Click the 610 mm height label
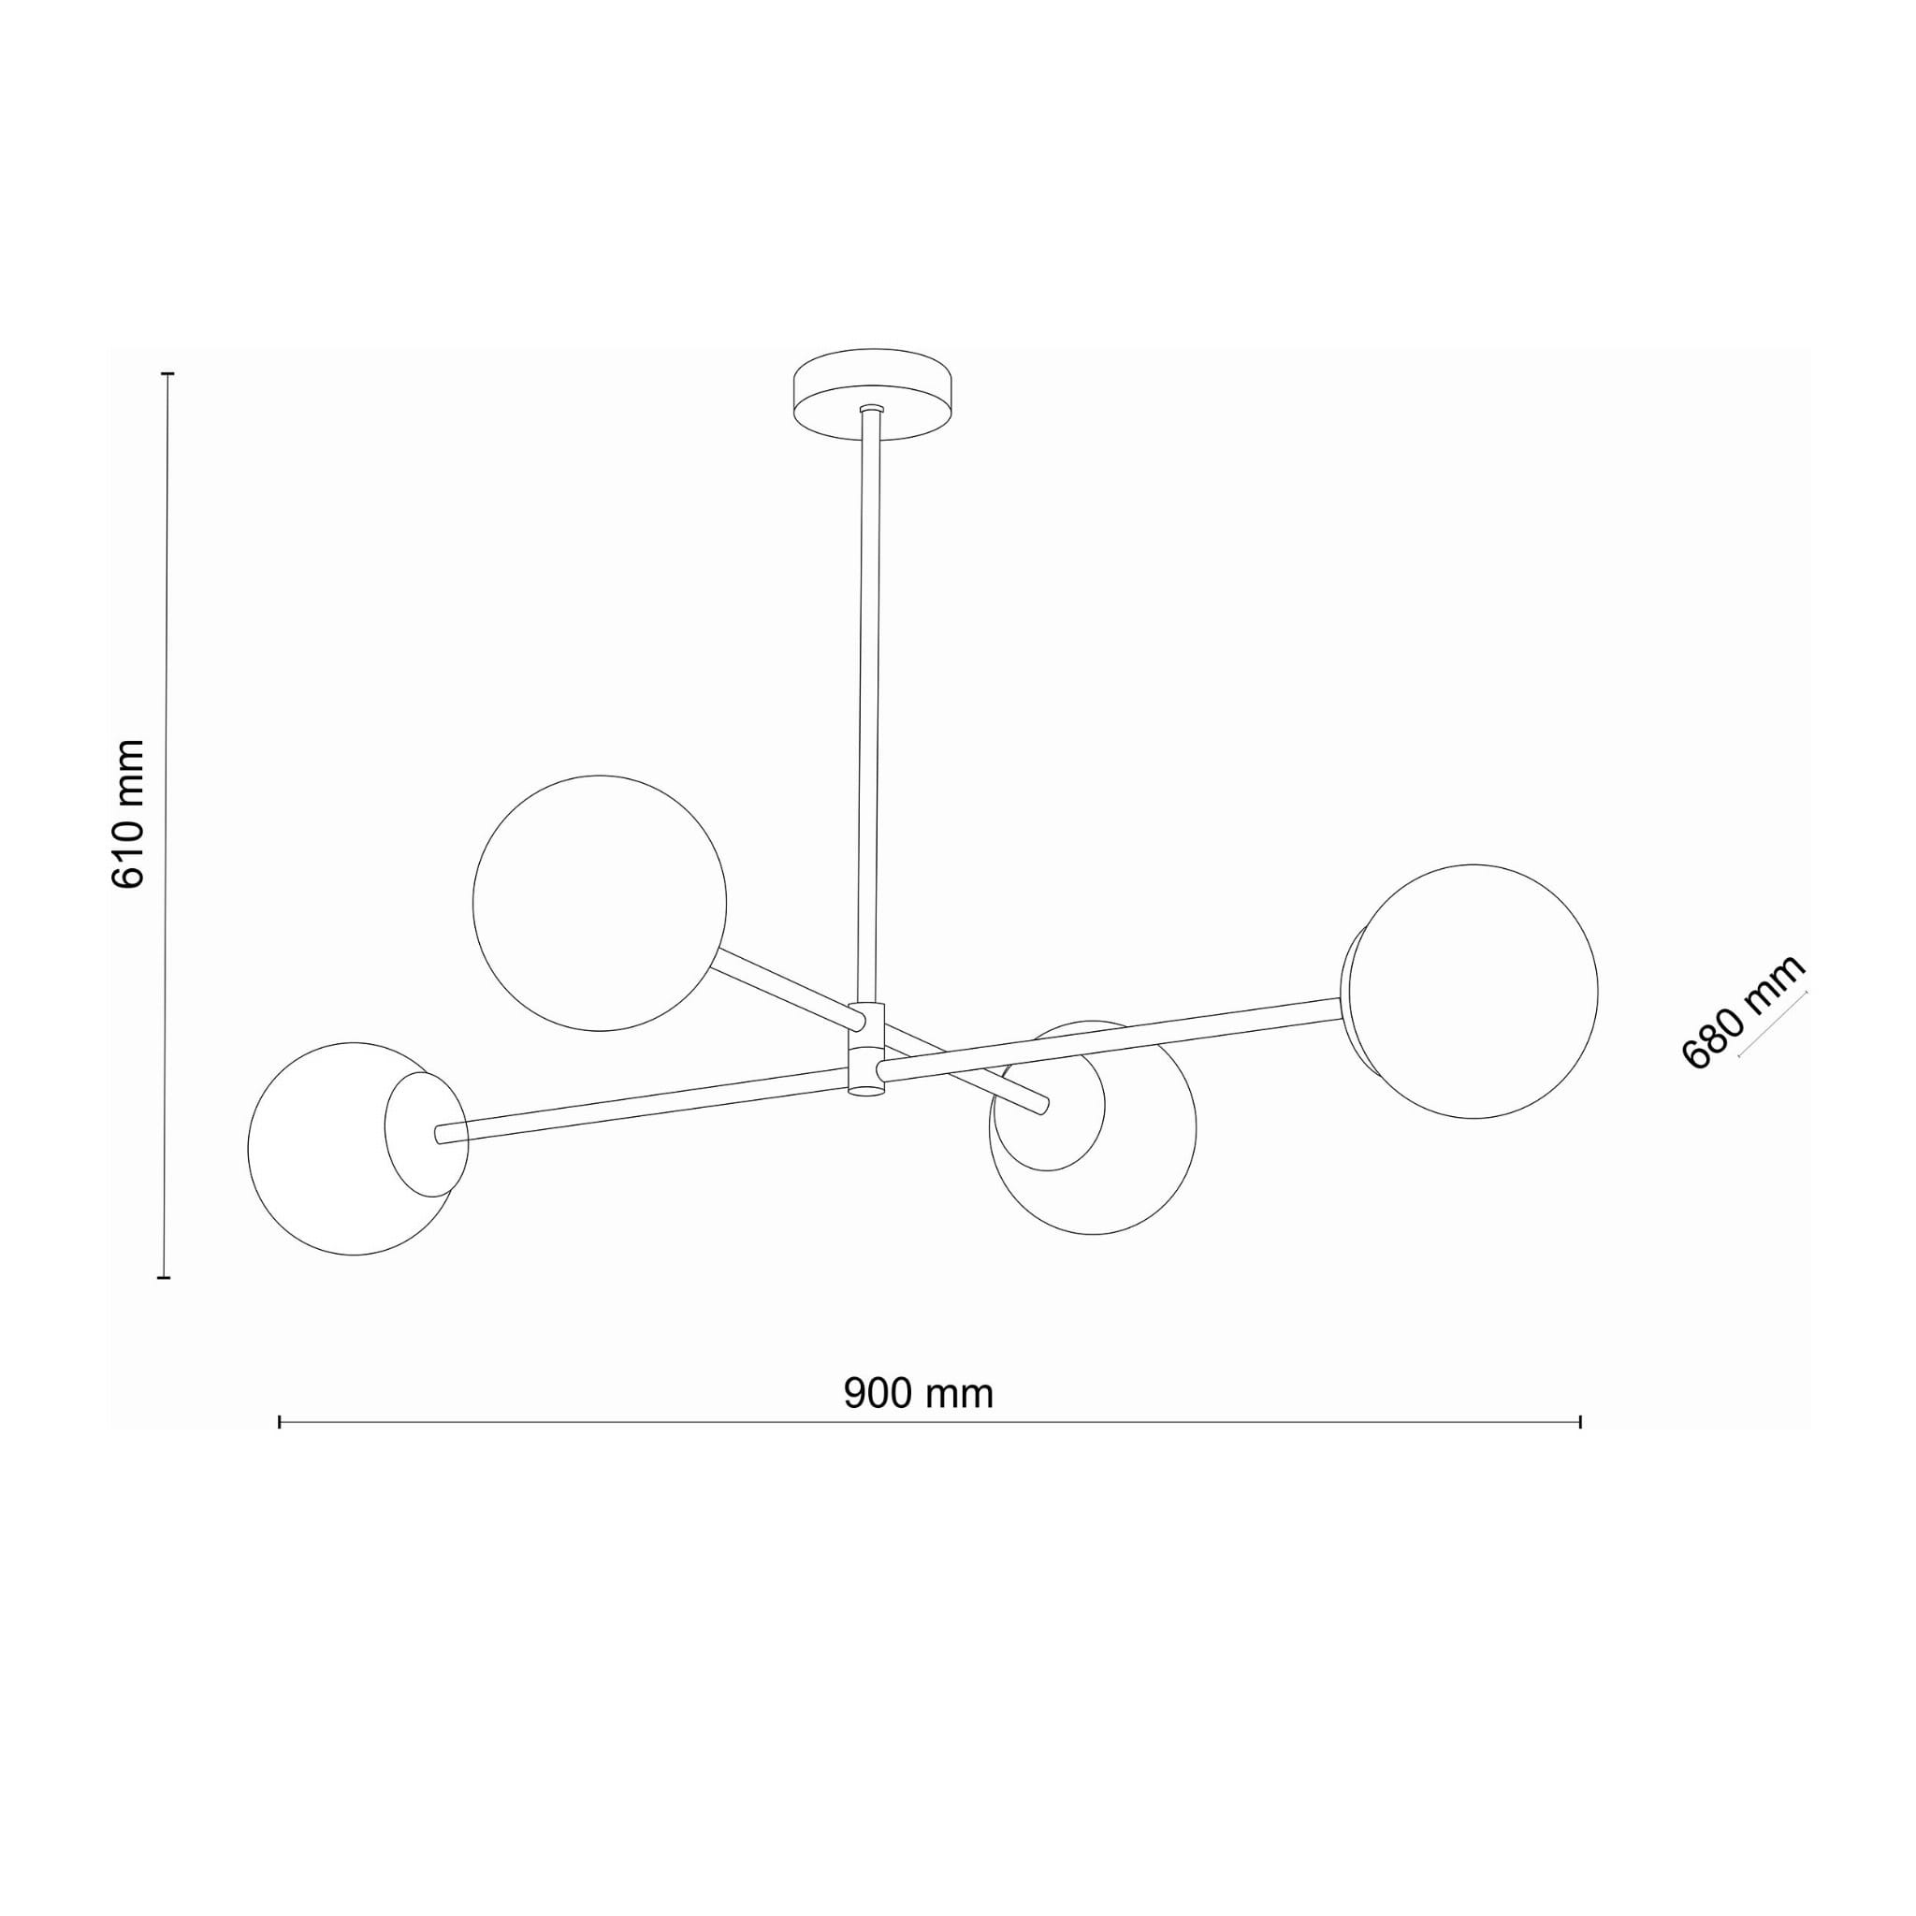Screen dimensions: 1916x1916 (129, 813)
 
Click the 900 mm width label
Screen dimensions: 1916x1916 (919, 1393)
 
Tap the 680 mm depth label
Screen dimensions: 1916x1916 (1742, 1011)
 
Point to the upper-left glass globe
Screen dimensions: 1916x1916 (599, 903)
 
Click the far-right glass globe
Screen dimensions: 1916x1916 (1471, 991)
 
